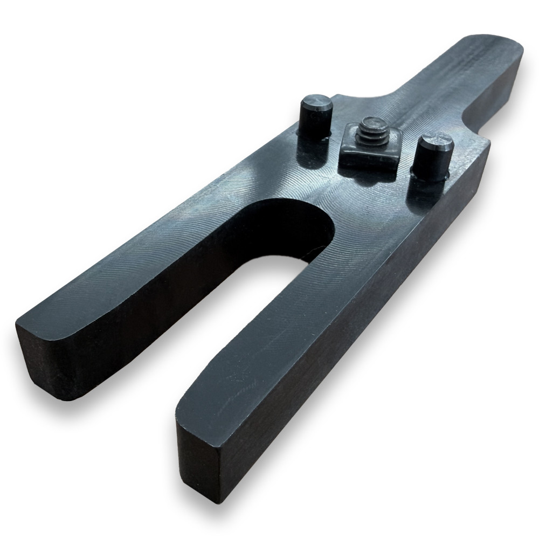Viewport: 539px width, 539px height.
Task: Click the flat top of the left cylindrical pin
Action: [x=316, y=101]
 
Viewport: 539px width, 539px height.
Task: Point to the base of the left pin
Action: [x=314, y=132]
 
